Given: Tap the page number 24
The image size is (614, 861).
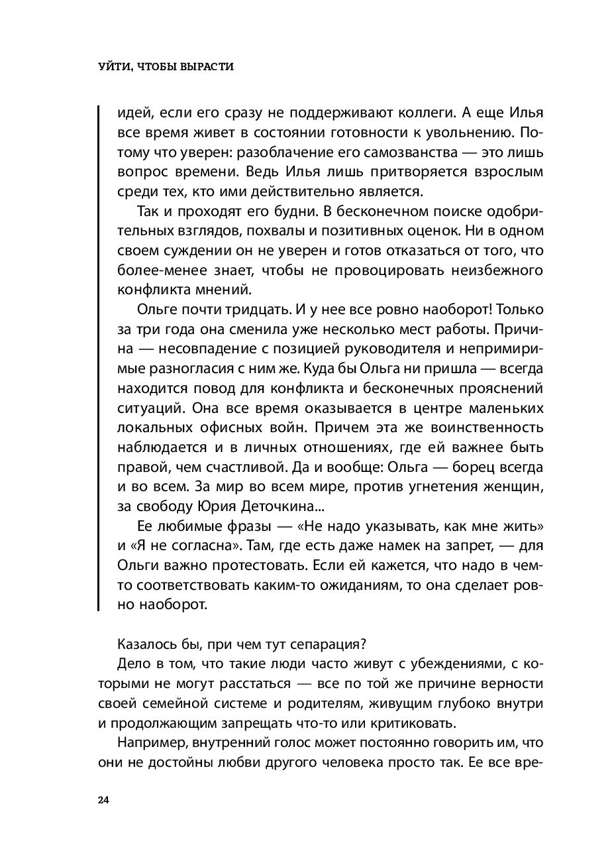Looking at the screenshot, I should pos(103,800).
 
